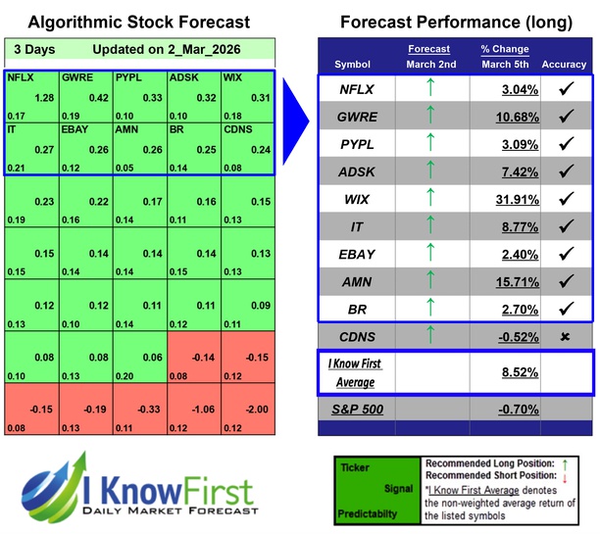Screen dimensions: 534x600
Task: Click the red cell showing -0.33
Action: [140, 411]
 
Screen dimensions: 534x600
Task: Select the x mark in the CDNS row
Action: [564, 337]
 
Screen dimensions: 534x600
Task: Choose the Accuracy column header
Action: [564, 65]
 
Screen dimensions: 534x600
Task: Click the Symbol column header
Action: [354, 65]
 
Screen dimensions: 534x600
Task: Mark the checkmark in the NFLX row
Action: [564, 90]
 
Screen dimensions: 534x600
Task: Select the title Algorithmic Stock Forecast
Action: [138, 22]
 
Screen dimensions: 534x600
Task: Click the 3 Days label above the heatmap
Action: [34, 49]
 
